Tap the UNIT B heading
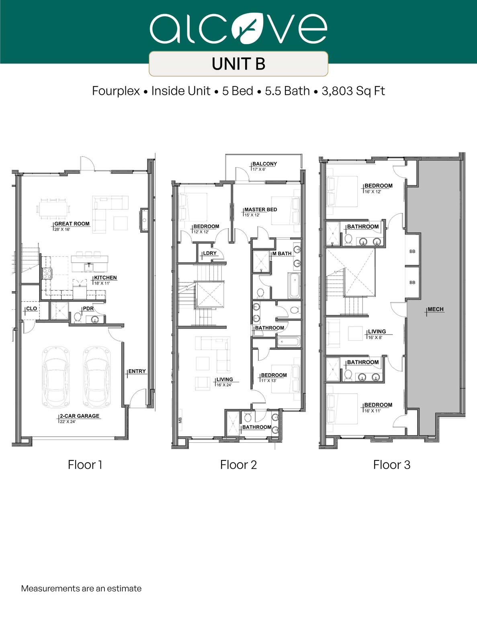[238, 64]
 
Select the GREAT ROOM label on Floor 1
[72, 224]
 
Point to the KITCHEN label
[105, 278]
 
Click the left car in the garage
[56, 377]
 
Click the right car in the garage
[96, 377]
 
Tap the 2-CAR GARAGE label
[79, 416]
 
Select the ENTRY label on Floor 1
[137, 371]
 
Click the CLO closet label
[31, 308]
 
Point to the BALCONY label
[264, 164]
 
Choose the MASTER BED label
[260, 210]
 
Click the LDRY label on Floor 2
[209, 253]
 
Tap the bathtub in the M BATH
[295, 285]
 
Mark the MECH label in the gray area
[435, 309]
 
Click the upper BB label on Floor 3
[412, 251]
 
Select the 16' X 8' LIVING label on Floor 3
[377, 332]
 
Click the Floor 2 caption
[238, 465]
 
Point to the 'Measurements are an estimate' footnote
[81, 588]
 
